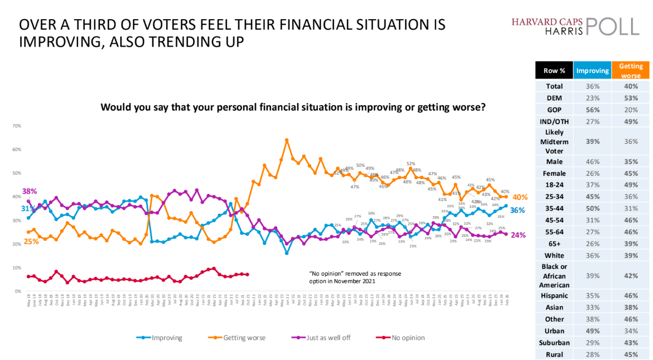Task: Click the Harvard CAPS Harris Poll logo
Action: click(575, 26)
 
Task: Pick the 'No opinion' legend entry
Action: click(403, 338)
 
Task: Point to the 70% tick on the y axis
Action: click(16, 126)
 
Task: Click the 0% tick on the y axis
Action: click(17, 291)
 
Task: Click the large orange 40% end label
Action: click(519, 198)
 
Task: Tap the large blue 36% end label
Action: click(518, 209)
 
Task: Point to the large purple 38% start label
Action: click(30, 191)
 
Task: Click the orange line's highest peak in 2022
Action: click(287, 140)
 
